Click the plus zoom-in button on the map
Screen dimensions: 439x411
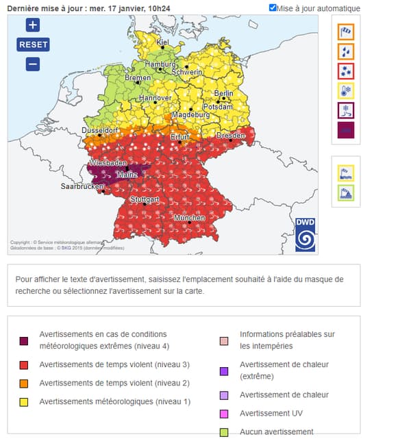(x=33, y=25)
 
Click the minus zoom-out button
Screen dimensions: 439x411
(x=33, y=64)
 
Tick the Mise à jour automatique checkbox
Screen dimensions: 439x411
(x=273, y=8)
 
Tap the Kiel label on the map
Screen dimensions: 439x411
(x=162, y=42)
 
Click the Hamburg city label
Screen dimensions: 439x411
(x=160, y=64)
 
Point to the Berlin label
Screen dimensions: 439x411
(x=223, y=93)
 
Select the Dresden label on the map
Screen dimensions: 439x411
(x=230, y=136)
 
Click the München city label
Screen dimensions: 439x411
(x=189, y=218)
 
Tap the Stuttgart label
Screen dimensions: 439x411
(x=145, y=199)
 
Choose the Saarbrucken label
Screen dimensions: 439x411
(x=82, y=186)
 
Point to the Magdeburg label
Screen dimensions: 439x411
(x=190, y=115)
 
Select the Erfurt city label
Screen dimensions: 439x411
(x=180, y=137)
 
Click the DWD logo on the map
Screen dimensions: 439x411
(x=305, y=235)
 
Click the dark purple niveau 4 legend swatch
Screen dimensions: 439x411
(x=23, y=340)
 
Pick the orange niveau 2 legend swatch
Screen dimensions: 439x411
(x=23, y=383)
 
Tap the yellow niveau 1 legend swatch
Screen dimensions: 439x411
(x=23, y=401)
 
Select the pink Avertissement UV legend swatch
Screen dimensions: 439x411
(x=224, y=414)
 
